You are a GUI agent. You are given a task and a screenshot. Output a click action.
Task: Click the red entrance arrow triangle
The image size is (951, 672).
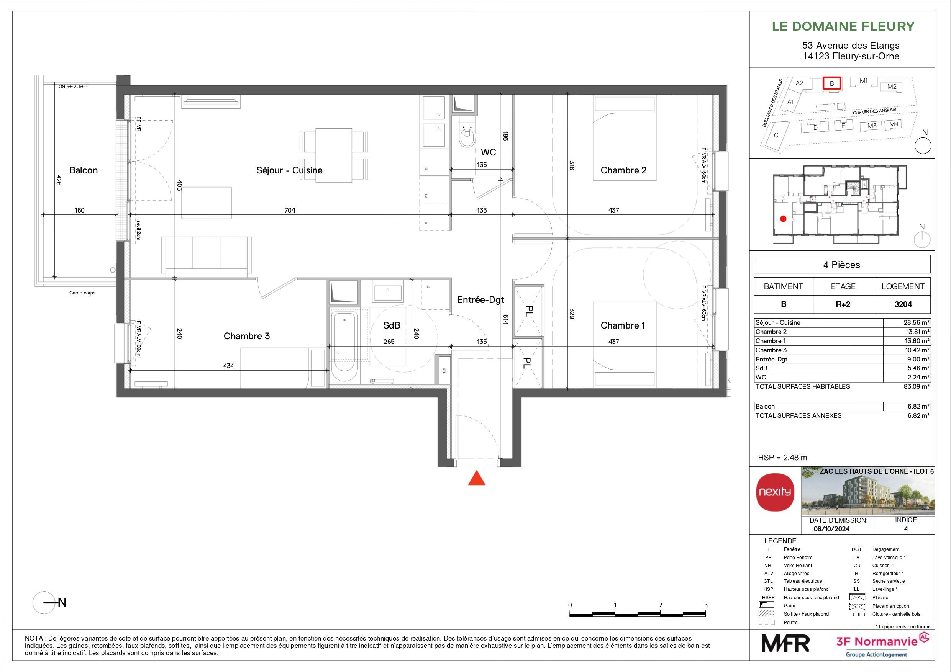[476, 479]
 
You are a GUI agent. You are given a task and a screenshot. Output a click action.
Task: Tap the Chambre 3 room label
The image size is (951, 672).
[246, 336]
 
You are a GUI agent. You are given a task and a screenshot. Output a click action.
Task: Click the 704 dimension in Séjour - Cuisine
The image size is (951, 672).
[290, 210]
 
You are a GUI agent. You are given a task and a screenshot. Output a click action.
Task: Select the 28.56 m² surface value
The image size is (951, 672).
[916, 322]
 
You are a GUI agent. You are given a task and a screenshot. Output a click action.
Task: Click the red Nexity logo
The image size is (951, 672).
[775, 492]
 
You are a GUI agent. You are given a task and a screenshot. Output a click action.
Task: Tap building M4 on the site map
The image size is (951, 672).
[894, 124]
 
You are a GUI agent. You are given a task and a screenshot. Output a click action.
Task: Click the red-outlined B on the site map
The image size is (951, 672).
[831, 83]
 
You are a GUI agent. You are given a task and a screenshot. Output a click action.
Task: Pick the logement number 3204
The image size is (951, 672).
[903, 304]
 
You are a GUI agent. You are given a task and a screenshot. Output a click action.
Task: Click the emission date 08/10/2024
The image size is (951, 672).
[831, 529]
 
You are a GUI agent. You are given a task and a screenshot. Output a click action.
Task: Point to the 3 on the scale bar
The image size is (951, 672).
[706, 605]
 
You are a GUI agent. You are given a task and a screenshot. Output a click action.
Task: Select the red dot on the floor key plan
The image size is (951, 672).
[783, 219]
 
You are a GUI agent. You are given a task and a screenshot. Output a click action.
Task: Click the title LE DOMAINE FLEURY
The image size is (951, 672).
[843, 26]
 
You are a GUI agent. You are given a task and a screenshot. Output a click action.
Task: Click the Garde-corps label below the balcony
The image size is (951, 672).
[82, 293]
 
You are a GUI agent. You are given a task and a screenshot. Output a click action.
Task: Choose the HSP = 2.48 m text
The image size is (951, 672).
[782, 458]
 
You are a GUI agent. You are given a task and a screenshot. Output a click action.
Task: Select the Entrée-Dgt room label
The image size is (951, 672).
[480, 300]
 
